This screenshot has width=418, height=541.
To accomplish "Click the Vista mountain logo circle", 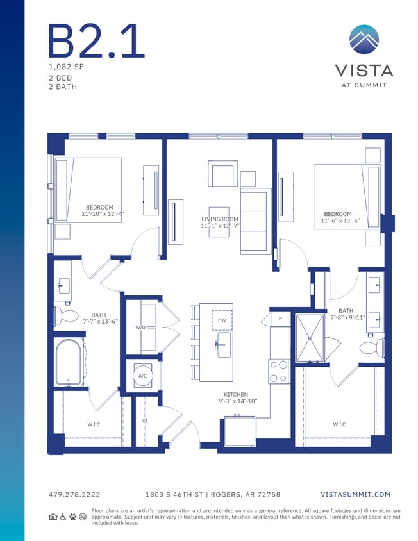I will [x=364, y=40].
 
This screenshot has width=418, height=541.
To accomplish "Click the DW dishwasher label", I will [x=222, y=320].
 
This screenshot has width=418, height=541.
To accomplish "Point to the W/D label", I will [x=140, y=328].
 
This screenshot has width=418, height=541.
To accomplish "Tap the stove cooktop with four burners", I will [x=280, y=371].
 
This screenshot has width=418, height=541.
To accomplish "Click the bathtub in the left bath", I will [x=69, y=362].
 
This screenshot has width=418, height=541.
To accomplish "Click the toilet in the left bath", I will [x=66, y=316].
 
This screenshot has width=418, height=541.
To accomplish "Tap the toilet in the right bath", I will [x=371, y=348].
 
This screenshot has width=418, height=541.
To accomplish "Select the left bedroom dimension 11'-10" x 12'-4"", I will [x=103, y=213].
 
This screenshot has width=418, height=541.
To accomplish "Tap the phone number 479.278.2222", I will [x=74, y=494].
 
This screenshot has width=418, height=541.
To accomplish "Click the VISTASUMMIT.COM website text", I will [x=355, y=494].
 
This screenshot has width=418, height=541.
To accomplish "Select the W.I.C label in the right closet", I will [x=339, y=424].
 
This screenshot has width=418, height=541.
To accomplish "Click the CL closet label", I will [x=145, y=421].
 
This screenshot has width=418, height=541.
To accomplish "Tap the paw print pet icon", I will [x=73, y=516].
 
